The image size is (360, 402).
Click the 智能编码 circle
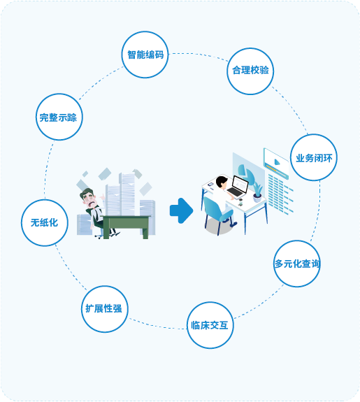(x=145, y=55)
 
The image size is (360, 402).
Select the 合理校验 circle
(x=250, y=71)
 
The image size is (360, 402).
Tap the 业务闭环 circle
(x=314, y=157)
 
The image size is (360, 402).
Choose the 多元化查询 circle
(x=297, y=264)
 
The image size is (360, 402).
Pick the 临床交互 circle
(x=210, y=325)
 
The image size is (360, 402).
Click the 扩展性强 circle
(x=105, y=309)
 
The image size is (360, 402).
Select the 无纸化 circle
(x=44, y=223)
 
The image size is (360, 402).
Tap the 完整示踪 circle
(x=59, y=117)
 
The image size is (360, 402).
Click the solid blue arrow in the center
(x=181, y=210)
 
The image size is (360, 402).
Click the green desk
(x=126, y=227)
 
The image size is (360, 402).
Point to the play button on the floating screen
(x=277, y=162)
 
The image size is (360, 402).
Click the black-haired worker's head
(x=222, y=182)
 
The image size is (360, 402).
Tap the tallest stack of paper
(x=127, y=194)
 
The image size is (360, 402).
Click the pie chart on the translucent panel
(x=245, y=171)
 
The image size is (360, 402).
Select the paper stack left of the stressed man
(x=84, y=224)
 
